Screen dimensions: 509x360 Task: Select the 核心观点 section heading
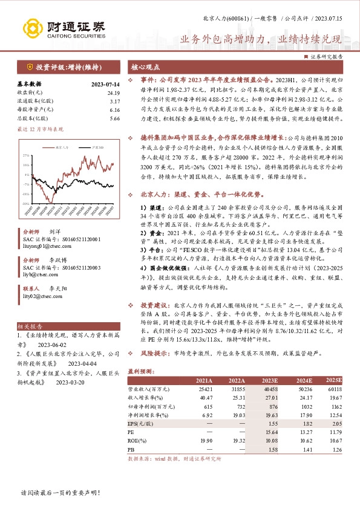click(146, 67)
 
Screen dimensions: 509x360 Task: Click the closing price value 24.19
click(114, 92)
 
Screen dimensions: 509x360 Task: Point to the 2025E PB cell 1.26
click(336, 450)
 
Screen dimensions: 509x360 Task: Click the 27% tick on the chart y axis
click(26, 155)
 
